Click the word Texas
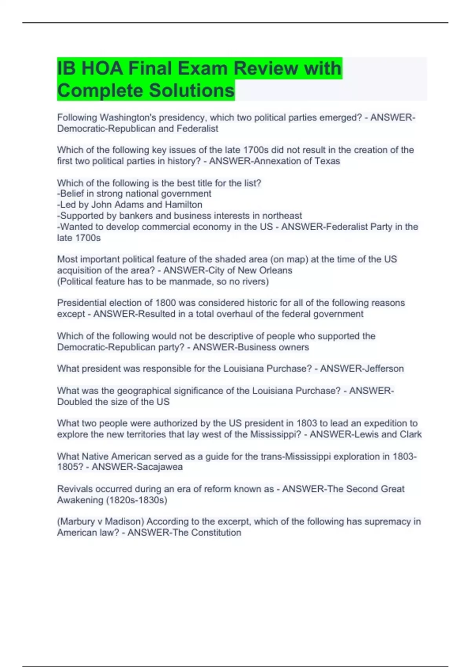[327, 161]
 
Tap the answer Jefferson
[383, 368]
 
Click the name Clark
[411, 434]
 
